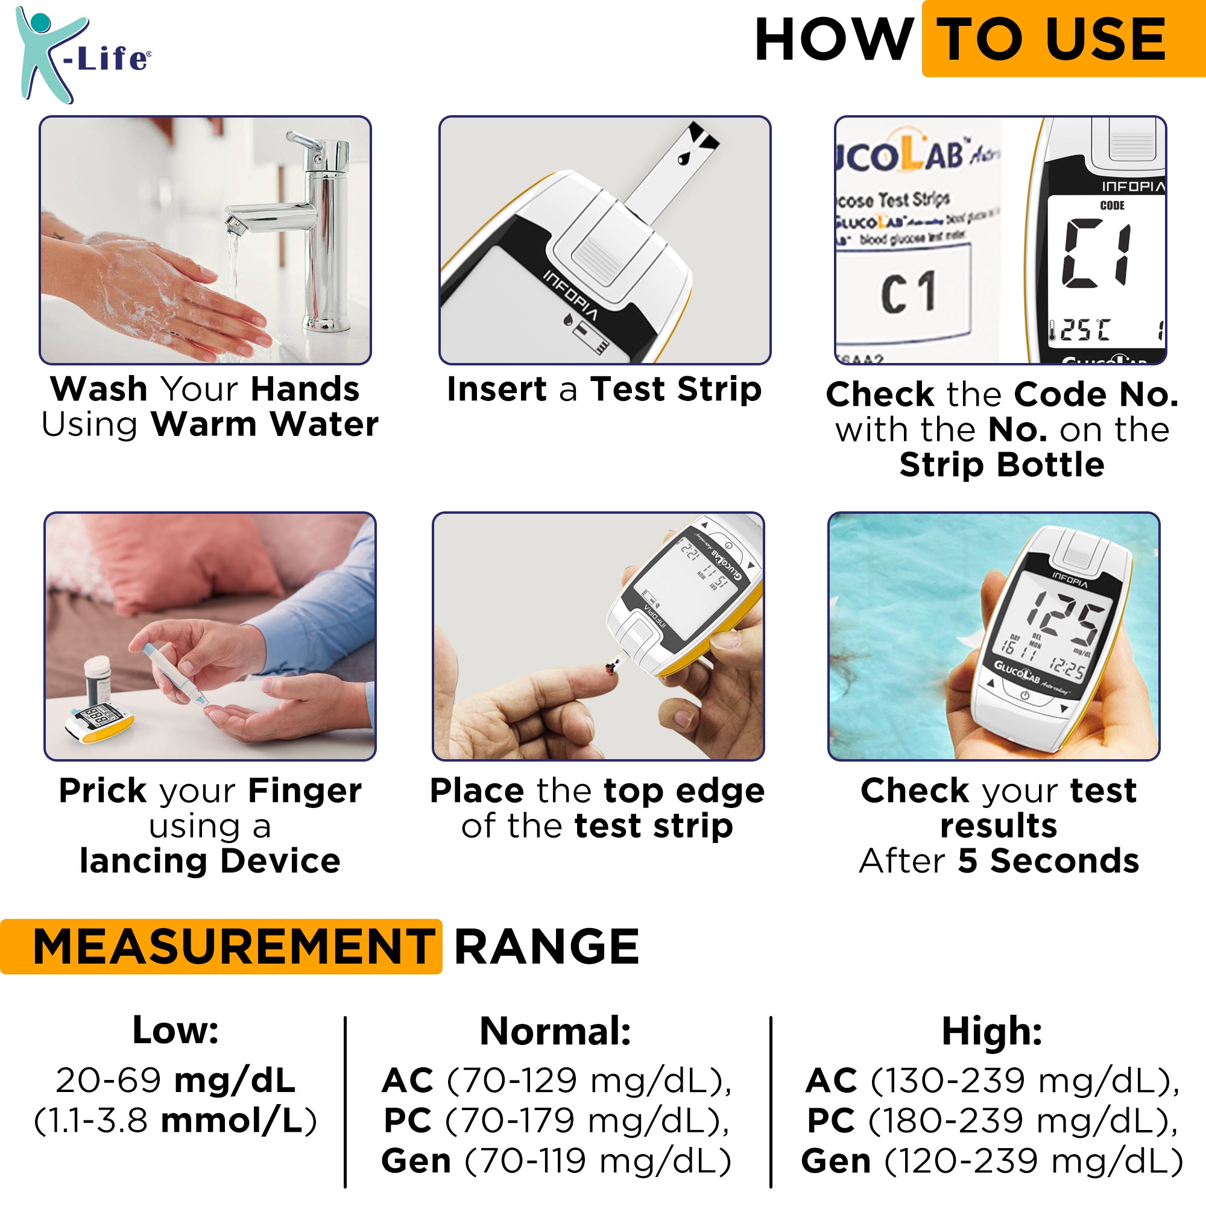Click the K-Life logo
coord(81,55)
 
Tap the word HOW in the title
coord(833,40)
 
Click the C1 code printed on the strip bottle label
coord(908,292)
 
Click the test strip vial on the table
coord(98,683)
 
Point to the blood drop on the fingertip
coord(610,670)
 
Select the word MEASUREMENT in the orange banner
coord(233,947)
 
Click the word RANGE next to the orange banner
coord(546,947)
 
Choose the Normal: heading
coord(555,1031)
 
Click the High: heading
coord(992,1031)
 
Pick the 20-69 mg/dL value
coord(175,1081)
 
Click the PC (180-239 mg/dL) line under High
coord(992,1120)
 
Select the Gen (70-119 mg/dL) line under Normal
coord(556,1161)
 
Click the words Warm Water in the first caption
coord(265,425)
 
